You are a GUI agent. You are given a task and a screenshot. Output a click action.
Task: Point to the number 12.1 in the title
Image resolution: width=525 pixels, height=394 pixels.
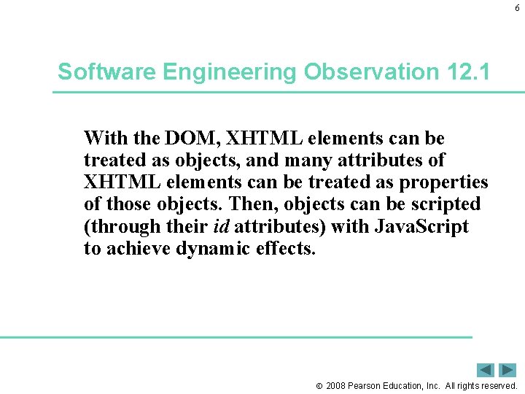(466, 72)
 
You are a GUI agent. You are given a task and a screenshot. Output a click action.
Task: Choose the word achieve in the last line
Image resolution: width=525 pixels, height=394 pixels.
(134, 249)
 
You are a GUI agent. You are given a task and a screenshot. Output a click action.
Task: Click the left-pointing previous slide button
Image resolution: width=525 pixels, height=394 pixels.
(486, 370)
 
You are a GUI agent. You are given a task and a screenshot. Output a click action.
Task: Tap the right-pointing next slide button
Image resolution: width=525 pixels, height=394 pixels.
(507, 370)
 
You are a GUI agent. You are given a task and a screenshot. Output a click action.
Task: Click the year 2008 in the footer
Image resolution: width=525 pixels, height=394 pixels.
(336, 385)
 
